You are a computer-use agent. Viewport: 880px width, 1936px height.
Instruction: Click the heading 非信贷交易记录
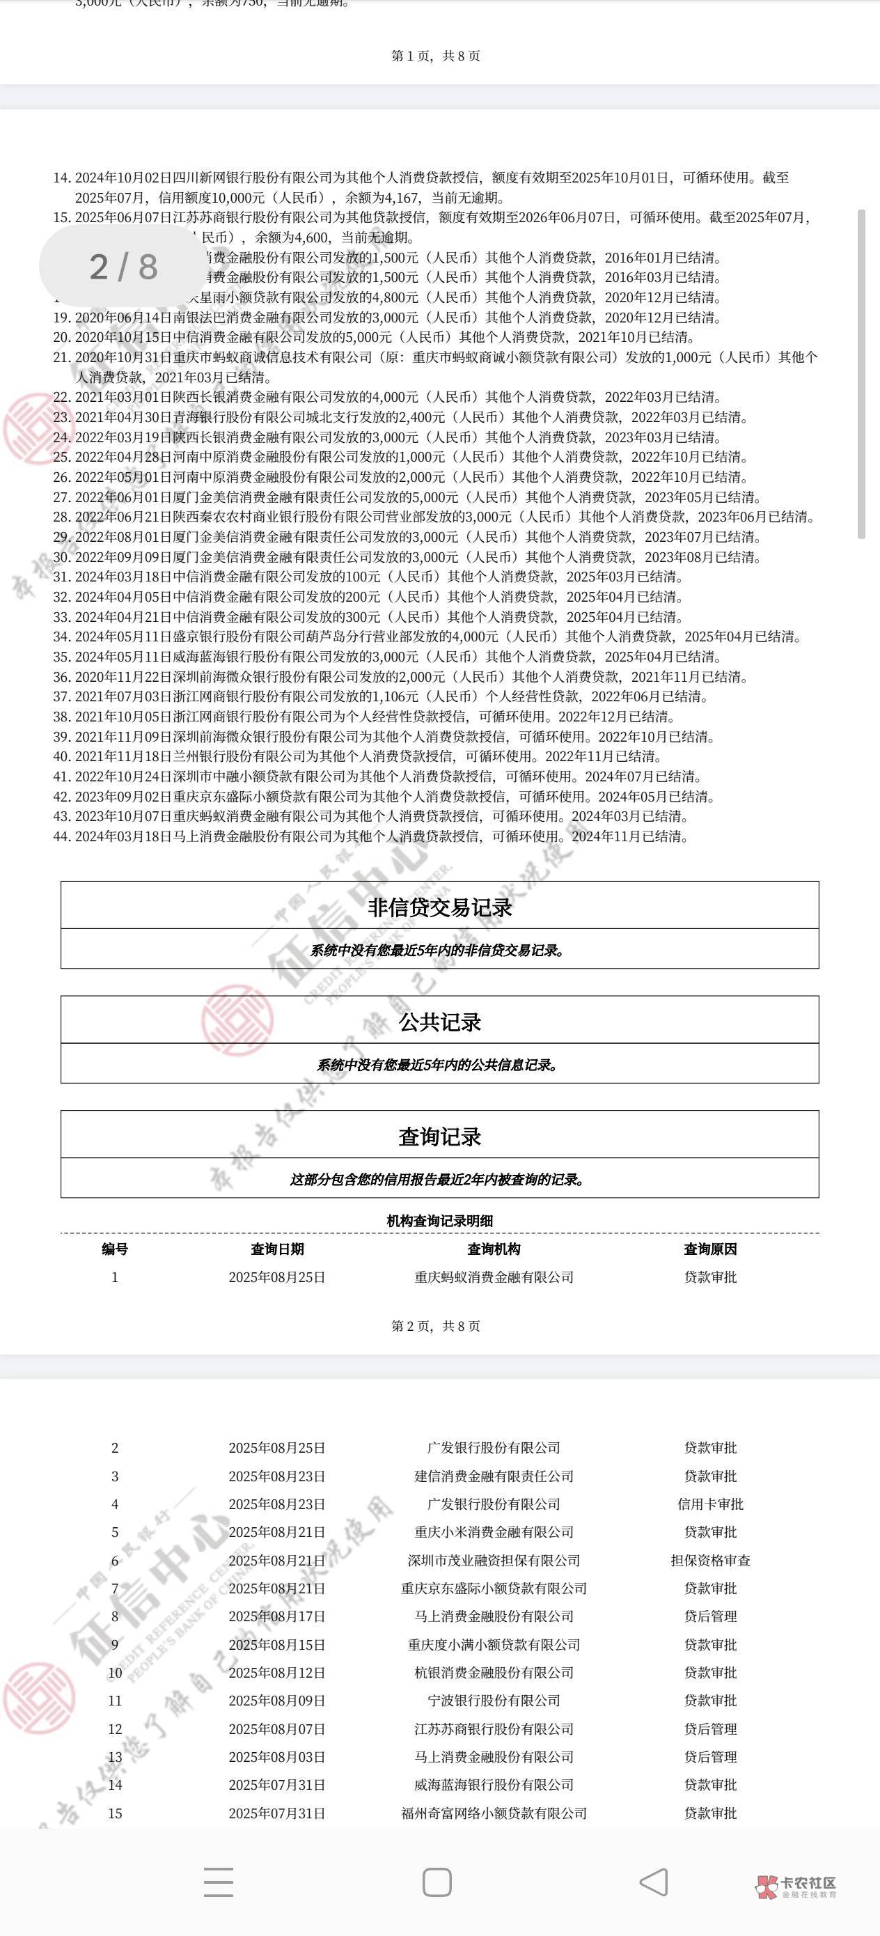tap(439, 907)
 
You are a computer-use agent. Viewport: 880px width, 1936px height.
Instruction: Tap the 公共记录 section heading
tap(439, 1022)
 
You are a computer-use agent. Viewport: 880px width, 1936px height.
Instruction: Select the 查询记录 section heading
tap(439, 1137)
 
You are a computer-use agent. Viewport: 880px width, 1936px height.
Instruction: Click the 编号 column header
tap(115, 1249)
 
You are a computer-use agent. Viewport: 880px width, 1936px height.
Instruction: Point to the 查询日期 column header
tap(277, 1249)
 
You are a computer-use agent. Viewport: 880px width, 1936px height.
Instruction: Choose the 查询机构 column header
tap(494, 1249)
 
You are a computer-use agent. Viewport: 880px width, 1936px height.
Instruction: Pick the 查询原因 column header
tap(710, 1249)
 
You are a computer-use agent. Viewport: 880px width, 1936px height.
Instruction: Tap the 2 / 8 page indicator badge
tap(123, 266)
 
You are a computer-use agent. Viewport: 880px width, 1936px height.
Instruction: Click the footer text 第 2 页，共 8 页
tap(436, 1326)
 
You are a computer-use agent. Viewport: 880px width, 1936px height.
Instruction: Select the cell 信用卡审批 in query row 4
tap(710, 1504)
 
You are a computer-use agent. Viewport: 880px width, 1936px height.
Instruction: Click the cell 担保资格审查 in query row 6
tap(710, 1560)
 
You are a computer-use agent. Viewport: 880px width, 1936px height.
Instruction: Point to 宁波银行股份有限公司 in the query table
tap(494, 1701)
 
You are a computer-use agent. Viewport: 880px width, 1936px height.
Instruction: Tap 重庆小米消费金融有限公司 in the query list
tap(494, 1531)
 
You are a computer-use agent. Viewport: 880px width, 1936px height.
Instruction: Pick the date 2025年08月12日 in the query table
tap(277, 1672)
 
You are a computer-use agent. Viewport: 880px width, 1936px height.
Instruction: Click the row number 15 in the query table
tap(115, 1813)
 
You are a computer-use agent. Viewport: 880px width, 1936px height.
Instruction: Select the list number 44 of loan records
tap(62, 836)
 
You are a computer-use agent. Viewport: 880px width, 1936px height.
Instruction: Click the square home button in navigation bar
tap(437, 1882)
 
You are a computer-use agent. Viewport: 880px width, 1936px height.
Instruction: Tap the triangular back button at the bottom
tap(654, 1882)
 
